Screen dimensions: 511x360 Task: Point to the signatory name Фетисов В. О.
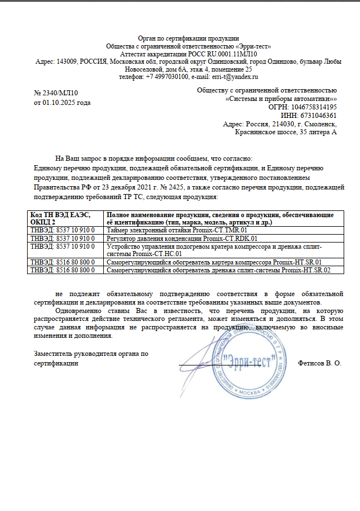[x=319, y=363]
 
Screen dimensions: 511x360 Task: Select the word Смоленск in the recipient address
[x=320, y=124]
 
